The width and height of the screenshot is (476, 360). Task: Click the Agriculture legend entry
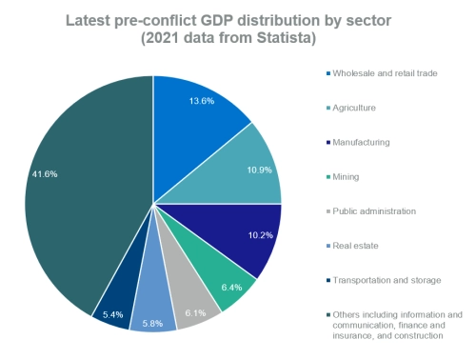point(358,108)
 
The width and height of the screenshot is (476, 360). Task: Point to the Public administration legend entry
point(374,210)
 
